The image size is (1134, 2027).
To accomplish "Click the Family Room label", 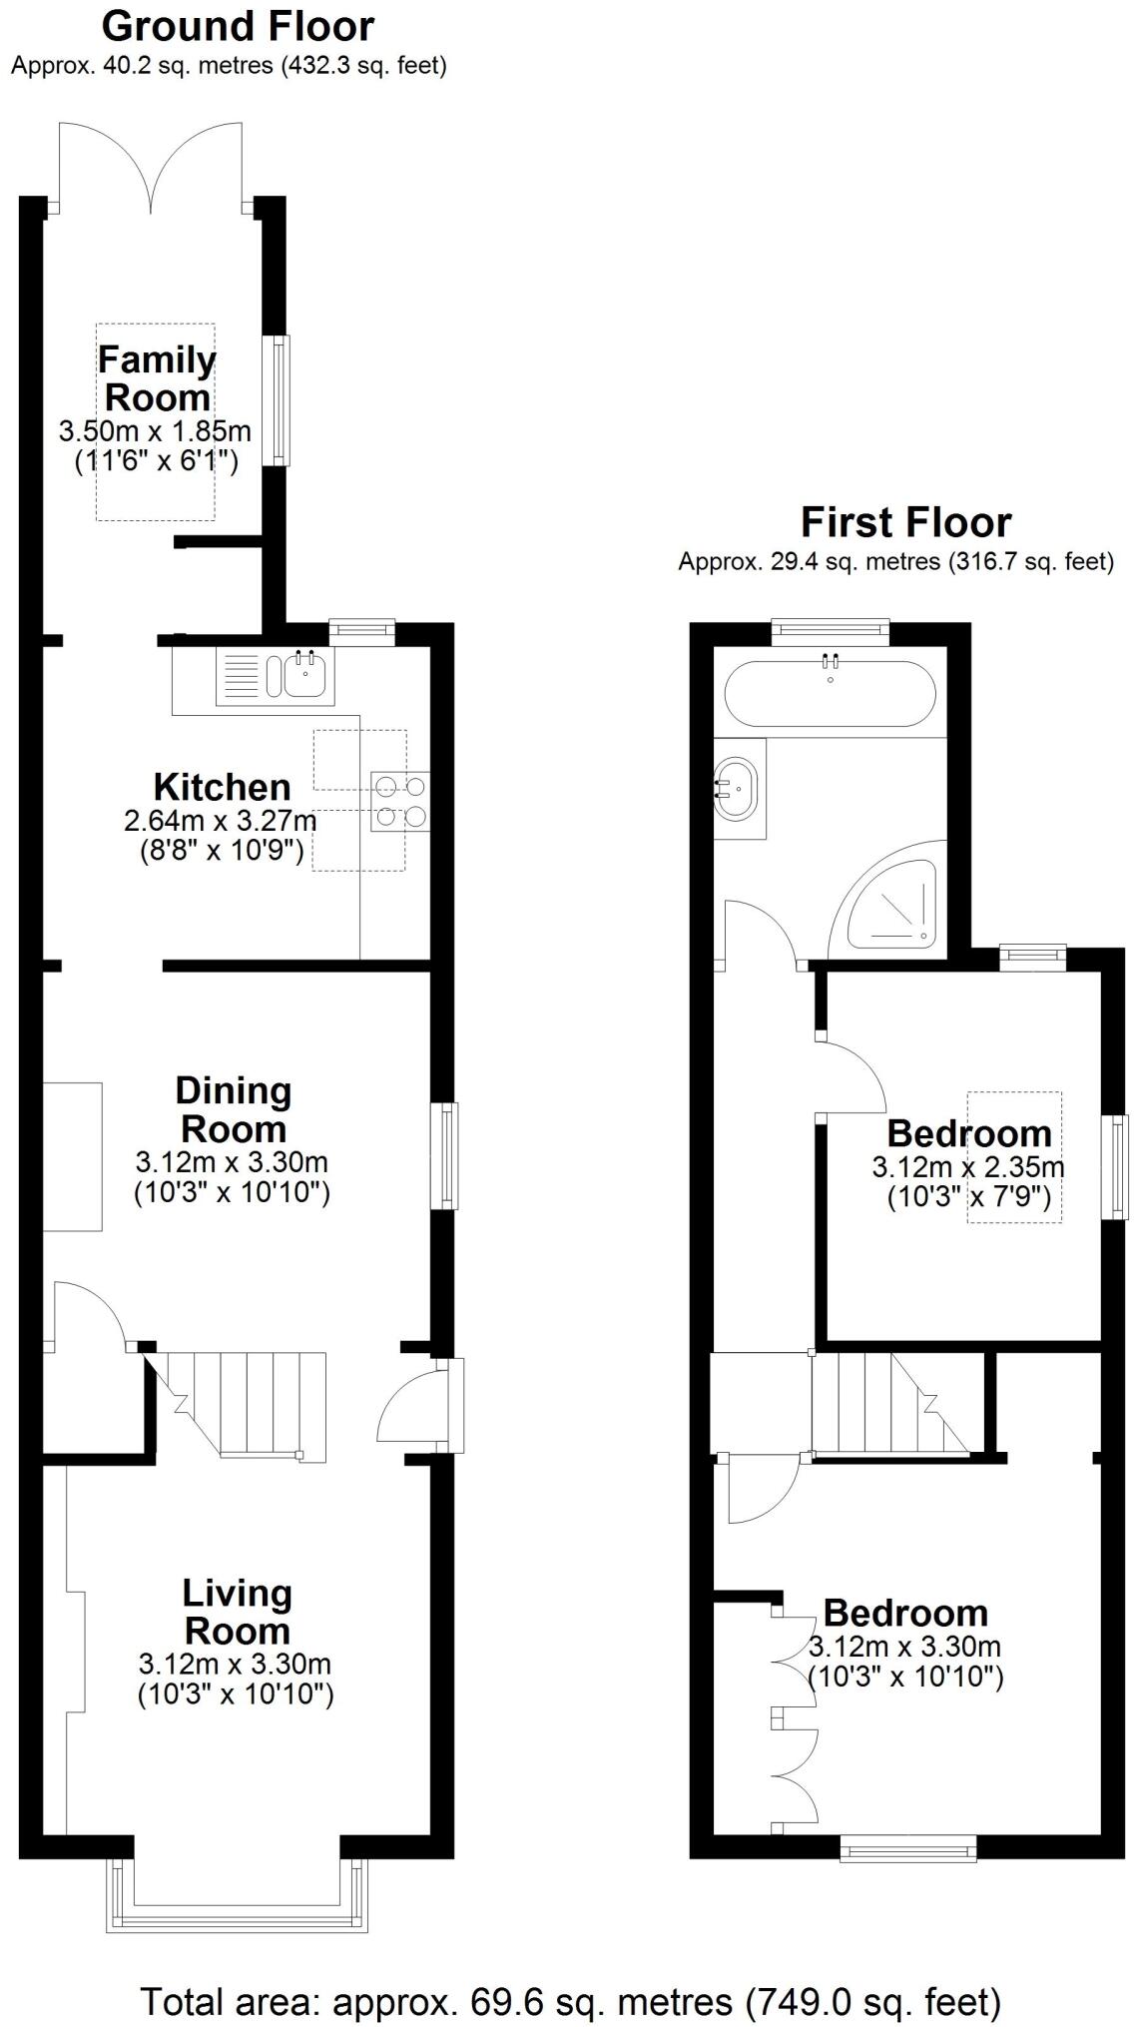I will point(157,378).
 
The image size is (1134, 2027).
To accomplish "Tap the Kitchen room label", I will point(222,787).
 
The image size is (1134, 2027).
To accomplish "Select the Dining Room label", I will point(233,1109).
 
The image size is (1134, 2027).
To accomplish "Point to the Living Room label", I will point(237,1612).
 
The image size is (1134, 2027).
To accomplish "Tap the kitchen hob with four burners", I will point(400,802).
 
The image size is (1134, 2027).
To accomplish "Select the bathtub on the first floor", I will point(830,693).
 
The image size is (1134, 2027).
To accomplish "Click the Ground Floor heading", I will point(238,27).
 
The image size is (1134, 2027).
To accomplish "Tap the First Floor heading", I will point(905,522).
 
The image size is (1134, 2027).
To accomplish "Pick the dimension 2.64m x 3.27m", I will point(221,822).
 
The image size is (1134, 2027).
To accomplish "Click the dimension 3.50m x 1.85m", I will point(155,432).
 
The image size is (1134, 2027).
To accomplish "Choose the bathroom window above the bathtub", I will point(830,628).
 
